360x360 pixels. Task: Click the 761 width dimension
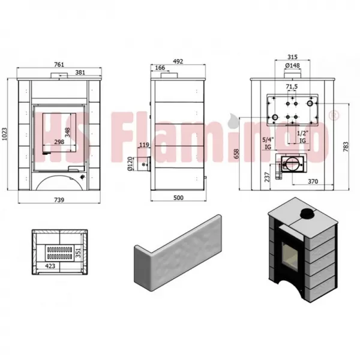point(59,65)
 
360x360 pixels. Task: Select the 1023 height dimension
point(4,134)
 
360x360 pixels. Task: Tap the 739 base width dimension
point(59,200)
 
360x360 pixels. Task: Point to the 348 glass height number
point(67,133)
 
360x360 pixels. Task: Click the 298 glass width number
point(59,142)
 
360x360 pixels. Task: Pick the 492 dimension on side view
point(178,61)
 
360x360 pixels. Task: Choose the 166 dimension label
point(160,68)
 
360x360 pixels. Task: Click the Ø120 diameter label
point(130,164)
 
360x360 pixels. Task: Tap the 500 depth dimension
point(178,197)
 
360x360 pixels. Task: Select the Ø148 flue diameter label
point(293,65)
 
